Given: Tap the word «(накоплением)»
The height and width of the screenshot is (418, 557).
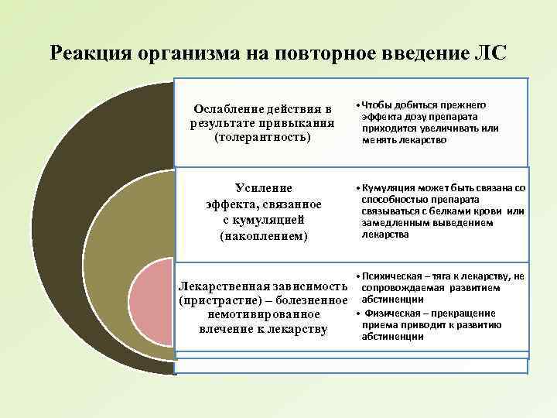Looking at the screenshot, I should coord(263,235).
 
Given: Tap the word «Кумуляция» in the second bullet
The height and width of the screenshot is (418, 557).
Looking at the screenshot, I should coord(388,188).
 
